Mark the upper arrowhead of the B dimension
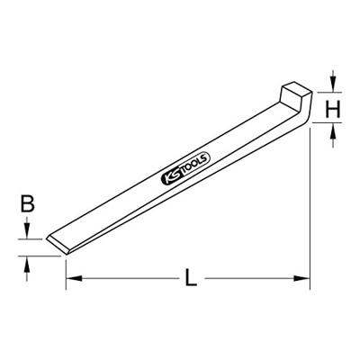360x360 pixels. click(x=28, y=234)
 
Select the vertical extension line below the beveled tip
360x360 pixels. click(x=66, y=270)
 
